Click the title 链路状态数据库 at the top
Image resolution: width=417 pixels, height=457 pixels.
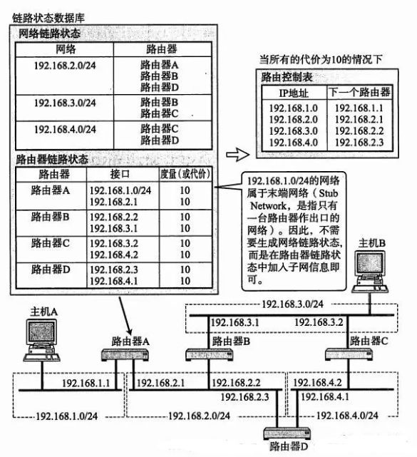(48, 18)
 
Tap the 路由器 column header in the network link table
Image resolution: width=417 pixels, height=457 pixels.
(162, 49)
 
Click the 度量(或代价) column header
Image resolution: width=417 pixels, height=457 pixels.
(185, 174)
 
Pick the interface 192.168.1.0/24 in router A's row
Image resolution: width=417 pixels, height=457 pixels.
(120, 190)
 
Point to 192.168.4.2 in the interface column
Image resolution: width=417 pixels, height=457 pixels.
(114, 255)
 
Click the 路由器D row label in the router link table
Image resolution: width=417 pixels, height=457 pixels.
(51, 269)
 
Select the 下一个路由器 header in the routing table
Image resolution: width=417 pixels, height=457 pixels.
(359, 93)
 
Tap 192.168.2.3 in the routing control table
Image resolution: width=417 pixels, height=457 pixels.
(359, 143)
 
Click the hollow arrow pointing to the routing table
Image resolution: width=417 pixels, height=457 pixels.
(238, 154)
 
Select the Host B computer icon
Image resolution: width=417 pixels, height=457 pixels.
(371, 272)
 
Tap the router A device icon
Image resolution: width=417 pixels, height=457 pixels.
(125, 355)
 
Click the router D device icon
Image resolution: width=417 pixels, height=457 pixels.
(287, 433)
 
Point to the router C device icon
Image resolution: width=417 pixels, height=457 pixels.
(349, 354)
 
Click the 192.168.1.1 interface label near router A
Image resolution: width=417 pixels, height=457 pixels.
(86, 383)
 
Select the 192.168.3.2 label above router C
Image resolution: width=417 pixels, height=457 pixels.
(319, 322)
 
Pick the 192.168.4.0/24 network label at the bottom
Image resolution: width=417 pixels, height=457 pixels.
(347, 416)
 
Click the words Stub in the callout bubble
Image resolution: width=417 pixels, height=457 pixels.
(328, 193)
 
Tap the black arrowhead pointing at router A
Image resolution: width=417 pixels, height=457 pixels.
(129, 332)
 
